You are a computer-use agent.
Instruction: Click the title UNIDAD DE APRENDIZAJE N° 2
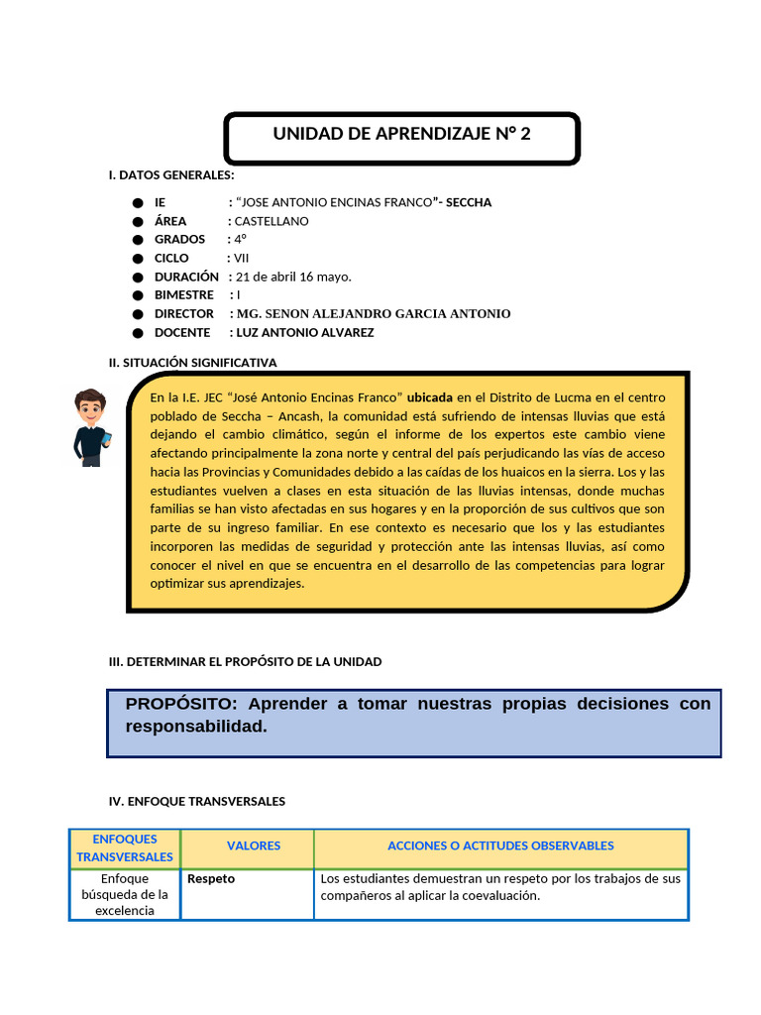[x=401, y=135]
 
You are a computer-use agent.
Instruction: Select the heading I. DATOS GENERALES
[x=171, y=175]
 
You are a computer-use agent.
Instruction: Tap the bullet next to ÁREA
[x=137, y=221]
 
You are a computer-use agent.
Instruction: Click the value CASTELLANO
[x=272, y=221]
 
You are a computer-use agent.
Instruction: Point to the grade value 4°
[x=241, y=240]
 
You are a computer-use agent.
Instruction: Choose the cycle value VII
[x=242, y=258]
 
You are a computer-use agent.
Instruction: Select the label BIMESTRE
[x=184, y=295]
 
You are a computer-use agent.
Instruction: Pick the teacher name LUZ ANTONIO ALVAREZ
[x=305, y=332]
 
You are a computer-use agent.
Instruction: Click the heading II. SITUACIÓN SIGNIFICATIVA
[x=192, y=363]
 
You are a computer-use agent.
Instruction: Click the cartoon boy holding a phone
[x=91, y=427]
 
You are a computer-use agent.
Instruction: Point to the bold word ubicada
[x=430, y=396]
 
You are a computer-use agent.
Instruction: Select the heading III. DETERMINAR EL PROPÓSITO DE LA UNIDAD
[x=245, y=661]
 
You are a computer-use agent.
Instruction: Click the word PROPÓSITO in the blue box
[x=181, y=704]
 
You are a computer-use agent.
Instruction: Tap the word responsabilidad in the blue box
[x=196, y=727]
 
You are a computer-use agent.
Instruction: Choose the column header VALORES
[x=254, y=846]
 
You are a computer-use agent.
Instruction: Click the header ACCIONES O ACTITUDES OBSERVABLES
[x=500, y=846]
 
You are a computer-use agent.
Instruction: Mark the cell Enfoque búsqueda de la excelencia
[x=125, y=895]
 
